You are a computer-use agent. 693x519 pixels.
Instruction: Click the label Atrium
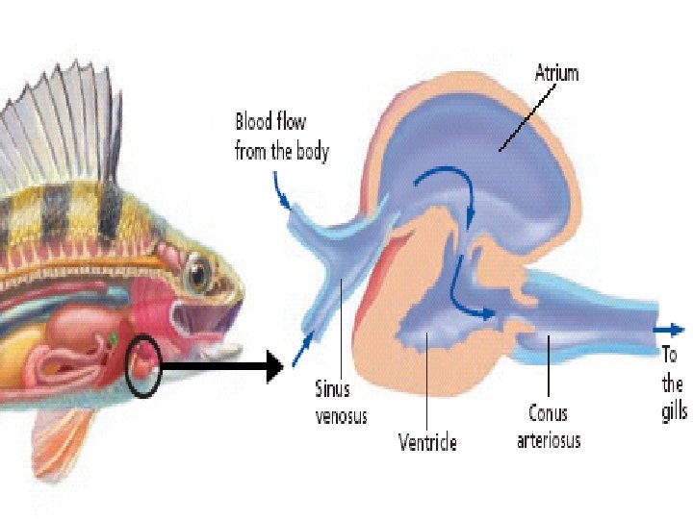click(x=556, y=72)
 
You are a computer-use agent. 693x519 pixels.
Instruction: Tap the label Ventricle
click(x=427, y=442)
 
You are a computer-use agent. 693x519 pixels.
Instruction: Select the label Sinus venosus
click(x=342, y=403)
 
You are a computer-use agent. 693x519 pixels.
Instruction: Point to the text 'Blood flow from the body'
click(x=281, y=136)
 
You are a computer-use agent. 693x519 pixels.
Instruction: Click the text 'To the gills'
click(x=673, y=383)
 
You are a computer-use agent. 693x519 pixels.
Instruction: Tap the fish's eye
click(x=199, y=272)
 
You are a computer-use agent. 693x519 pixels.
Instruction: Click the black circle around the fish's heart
click(x=143, y=365)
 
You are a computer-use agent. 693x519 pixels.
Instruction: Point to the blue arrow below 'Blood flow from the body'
click(x=284, y=196)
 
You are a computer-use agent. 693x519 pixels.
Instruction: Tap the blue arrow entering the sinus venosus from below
click(x=306, y=337)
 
